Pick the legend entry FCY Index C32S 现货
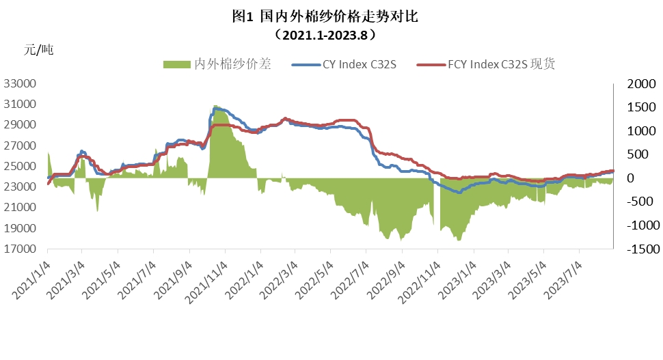click(x=502, y=65)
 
